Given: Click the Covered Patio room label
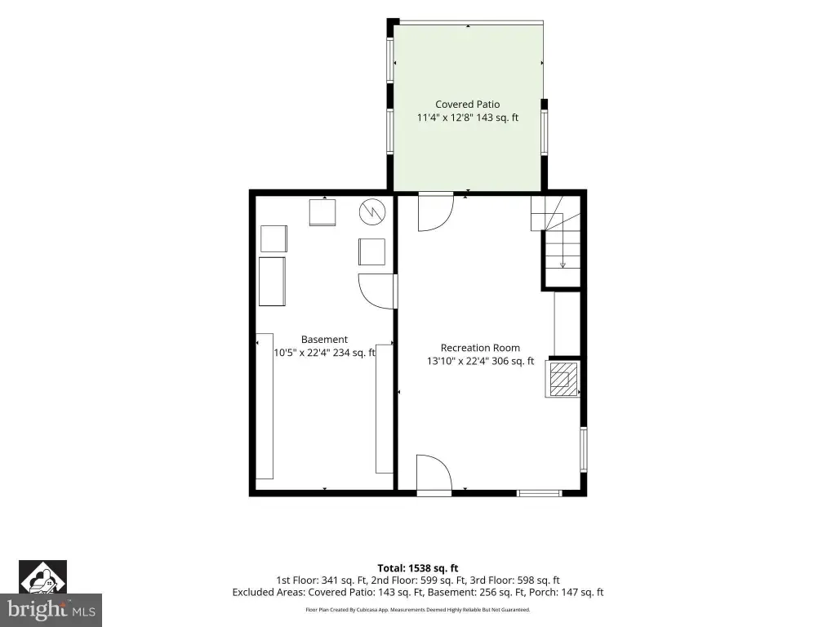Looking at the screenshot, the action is [468, 104].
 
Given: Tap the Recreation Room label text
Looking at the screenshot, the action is [480, 348].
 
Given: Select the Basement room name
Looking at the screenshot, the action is [324, 340].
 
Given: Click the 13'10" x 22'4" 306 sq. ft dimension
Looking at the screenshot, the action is [480, 362].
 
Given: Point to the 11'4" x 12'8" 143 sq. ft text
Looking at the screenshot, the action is [468, 118].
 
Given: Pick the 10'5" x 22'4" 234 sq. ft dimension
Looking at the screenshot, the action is [324, 353].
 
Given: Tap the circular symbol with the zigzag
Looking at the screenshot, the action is [371, 211].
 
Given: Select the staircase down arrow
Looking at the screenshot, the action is [563, 265].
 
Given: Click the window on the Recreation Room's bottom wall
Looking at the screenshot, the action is [540, 493].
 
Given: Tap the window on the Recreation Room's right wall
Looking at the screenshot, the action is [583, 450].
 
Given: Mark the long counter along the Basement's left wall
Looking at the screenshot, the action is [265, 407].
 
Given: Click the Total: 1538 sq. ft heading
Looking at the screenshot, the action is [418, 568].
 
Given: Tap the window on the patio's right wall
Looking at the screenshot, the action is [545, 132].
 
